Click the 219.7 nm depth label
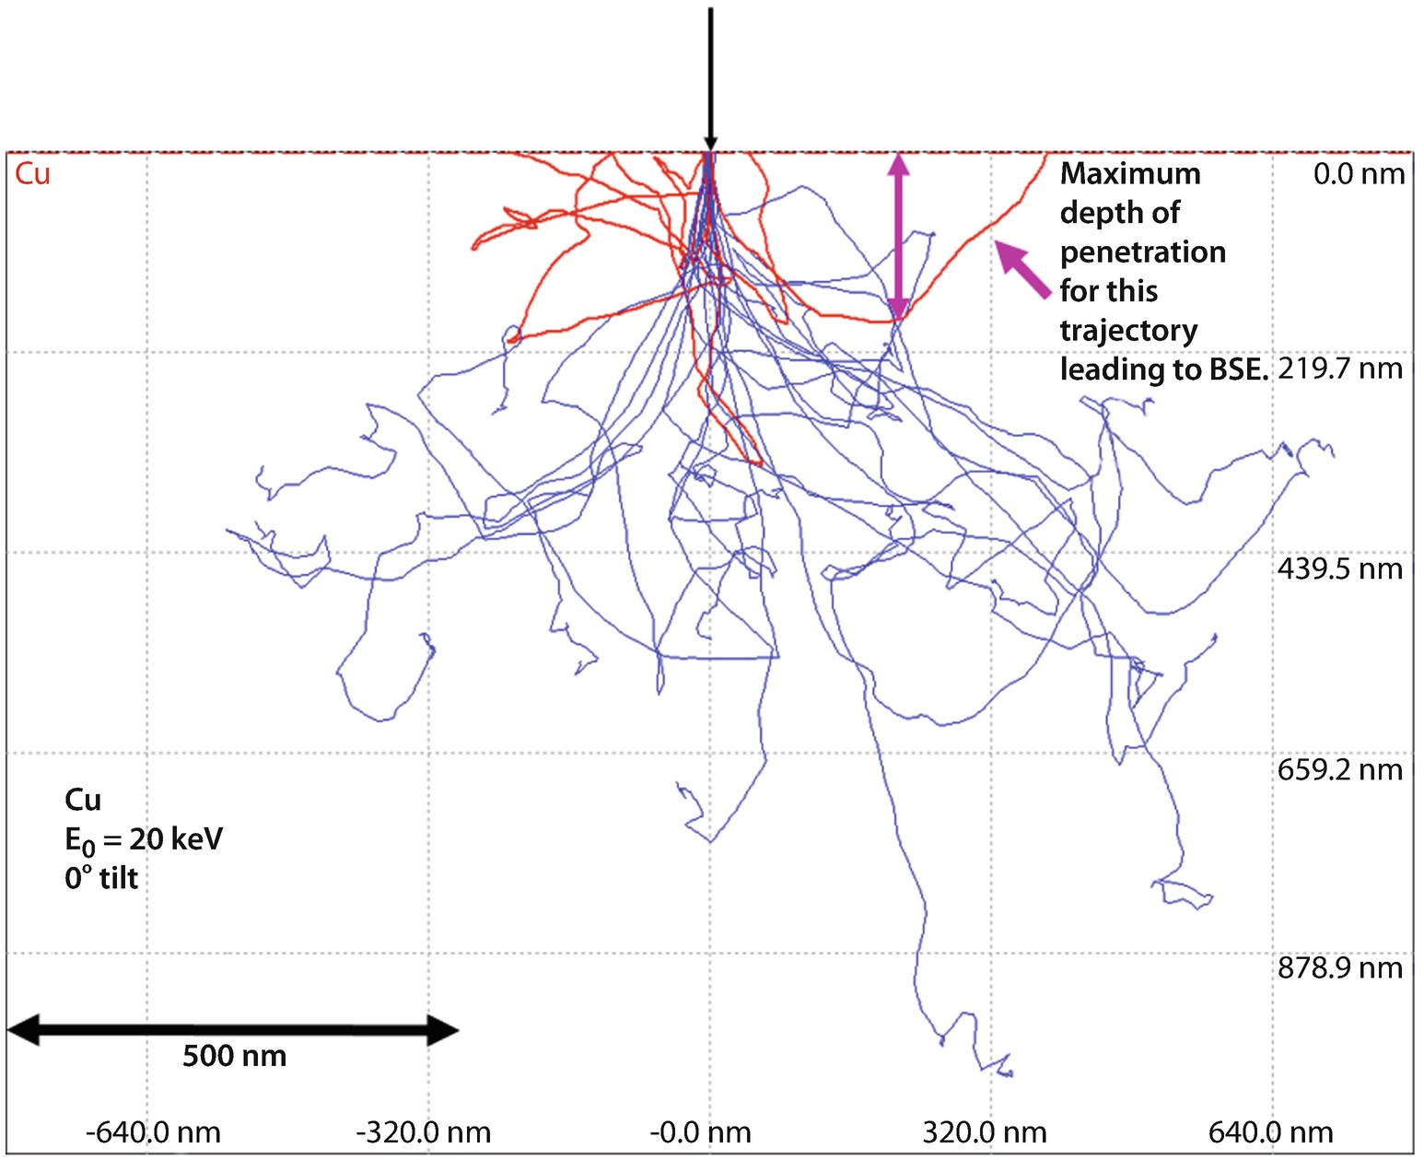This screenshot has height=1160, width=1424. point(1340,369)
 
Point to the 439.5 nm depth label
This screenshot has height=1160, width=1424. point(1340,569)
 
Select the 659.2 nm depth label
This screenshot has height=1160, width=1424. point(1340,770)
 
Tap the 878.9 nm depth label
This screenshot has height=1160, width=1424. point(1340,968)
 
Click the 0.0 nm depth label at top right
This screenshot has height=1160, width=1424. point(1359,174)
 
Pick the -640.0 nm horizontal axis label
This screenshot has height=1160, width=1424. point(153,1132)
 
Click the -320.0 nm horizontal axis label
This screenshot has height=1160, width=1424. point(423,1132)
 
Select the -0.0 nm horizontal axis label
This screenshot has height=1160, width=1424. point(700,1132)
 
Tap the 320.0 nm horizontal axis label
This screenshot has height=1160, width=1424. point(985,1132)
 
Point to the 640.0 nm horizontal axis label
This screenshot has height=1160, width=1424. point(1270,1132)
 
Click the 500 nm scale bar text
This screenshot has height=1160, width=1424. point(234,1056)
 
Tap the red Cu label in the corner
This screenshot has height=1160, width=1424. point(32,174)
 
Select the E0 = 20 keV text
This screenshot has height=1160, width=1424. point(144,839)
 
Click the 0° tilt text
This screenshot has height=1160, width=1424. point(101,879)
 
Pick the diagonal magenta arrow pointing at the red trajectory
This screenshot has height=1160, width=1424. point(1023,268)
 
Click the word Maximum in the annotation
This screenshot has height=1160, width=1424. point(1130,174)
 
